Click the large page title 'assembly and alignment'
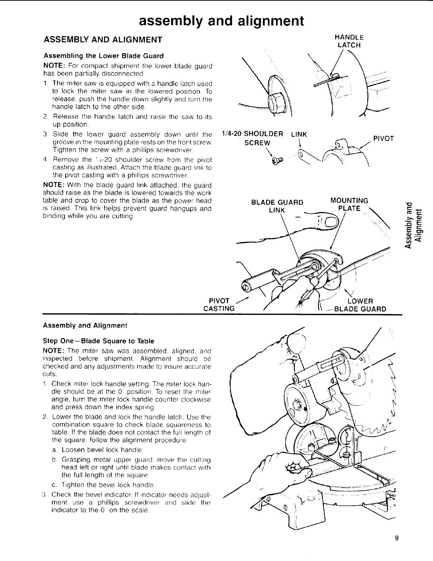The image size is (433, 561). [x=221, y=21]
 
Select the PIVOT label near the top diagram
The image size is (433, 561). [x=384, y=139]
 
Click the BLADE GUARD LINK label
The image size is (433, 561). [x=277, y=206]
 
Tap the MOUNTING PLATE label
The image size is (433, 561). [x=349, y=204]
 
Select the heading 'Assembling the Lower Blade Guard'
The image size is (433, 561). [x=103, y=56]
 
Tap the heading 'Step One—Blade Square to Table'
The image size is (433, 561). [x=99, y=341]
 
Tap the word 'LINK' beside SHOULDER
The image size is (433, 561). [x=299, y=134]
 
